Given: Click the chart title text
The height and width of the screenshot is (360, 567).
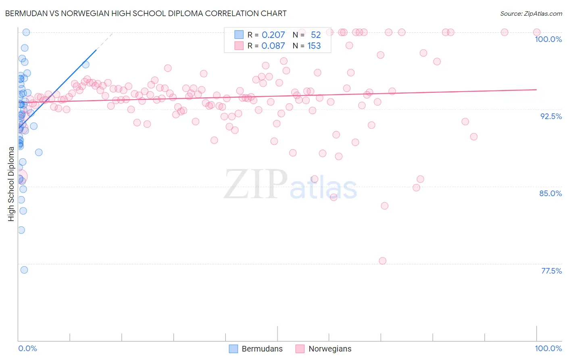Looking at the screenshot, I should coord(146,13).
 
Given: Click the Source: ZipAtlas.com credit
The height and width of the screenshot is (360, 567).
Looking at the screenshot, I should coord(531,13).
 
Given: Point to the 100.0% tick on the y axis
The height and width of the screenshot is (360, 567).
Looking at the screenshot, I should coord(548,39).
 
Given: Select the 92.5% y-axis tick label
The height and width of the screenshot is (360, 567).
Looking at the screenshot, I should coord(551,116).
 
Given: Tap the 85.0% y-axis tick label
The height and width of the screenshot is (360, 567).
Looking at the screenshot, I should coord(550,193).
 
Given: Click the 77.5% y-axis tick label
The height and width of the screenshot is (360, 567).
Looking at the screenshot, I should coord(551,271).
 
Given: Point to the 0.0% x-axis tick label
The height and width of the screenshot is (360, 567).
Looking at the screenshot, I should coord(27,348).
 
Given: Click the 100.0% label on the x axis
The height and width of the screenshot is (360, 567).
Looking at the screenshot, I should coord(548,348).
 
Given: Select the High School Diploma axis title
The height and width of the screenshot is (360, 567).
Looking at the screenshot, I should coord(11,184).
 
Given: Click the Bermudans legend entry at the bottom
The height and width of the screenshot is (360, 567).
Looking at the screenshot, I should coord(256,349).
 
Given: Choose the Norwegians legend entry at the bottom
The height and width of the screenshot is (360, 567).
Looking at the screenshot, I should coord(323,349).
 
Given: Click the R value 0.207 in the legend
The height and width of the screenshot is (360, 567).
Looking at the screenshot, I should coord(273,35).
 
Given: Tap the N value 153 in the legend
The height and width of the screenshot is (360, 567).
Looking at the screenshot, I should coord(314,46).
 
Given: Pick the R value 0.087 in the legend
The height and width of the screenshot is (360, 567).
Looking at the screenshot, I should coord(273,46).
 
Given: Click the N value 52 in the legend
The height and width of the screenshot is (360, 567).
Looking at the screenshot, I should coord(316,35).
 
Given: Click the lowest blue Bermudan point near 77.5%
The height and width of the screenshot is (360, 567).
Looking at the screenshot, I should coord(24,270).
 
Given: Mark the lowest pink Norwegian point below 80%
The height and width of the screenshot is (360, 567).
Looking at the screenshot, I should coord(383,261).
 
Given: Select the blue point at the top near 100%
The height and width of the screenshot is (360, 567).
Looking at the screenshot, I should coord(26,32).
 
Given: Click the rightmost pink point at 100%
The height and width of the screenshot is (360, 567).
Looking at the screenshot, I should coord(537,32).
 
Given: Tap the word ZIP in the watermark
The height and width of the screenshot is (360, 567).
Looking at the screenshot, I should coord(255,184).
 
